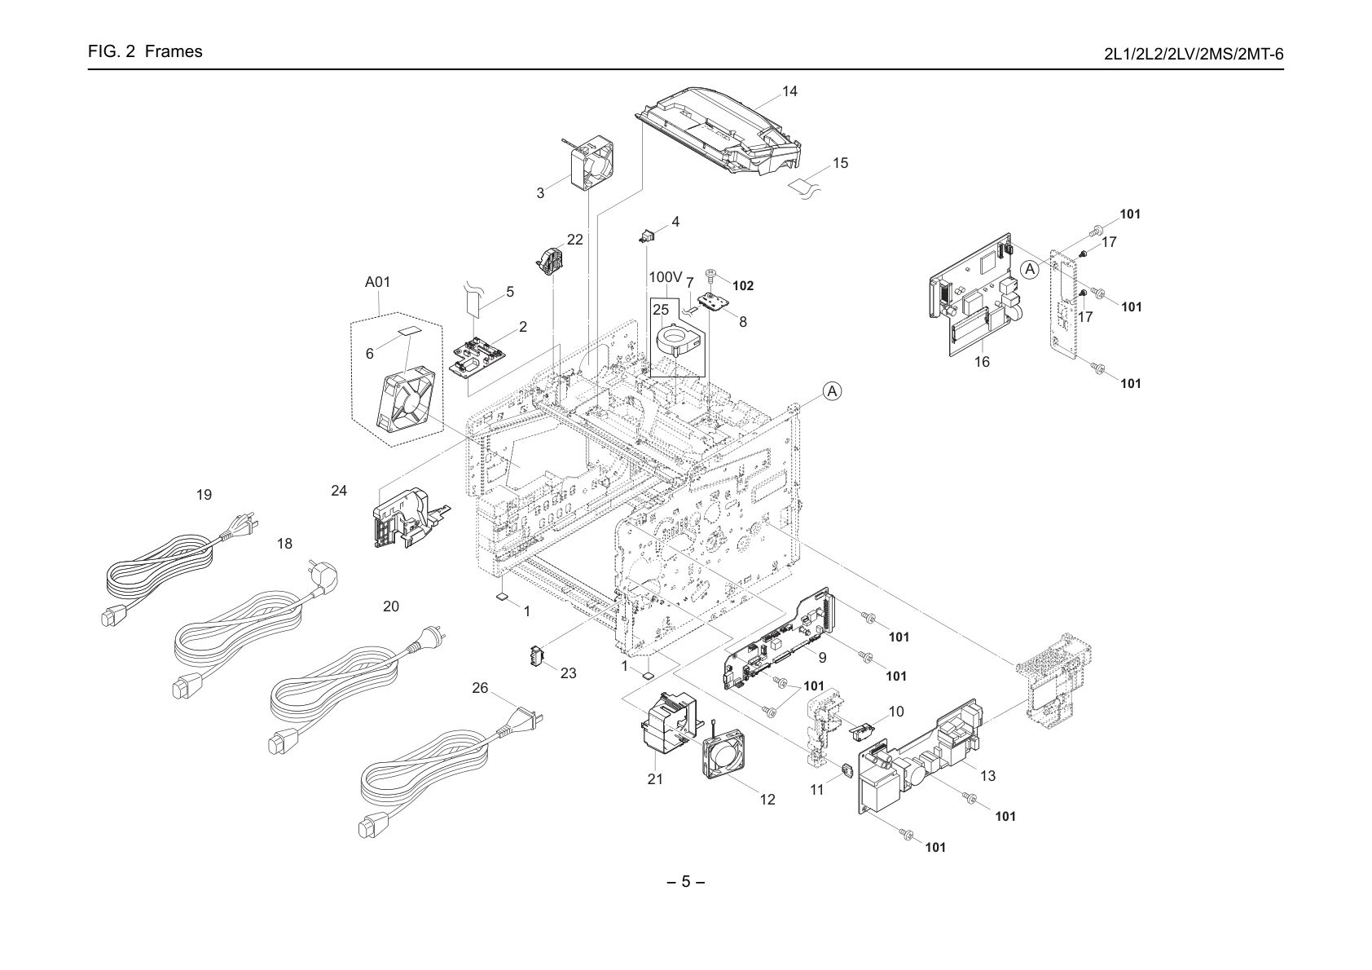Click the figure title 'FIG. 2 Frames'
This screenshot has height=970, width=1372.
[145, 51]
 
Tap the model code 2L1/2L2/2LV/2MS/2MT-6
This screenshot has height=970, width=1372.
[1194, 55]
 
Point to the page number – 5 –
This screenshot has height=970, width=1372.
[685, 882]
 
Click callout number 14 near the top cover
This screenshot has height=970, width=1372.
[789, 91]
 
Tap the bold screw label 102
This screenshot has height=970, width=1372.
[743, 286]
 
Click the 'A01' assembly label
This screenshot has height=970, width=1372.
[377, 282]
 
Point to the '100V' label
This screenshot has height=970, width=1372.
[665, 277]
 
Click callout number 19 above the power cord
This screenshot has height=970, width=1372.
[204, 495]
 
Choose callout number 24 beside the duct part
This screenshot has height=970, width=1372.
[339, 491]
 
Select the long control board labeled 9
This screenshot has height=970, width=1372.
[777, 638]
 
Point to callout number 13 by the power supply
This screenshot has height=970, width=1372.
[988, 776]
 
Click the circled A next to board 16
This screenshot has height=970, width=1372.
[1031, 269]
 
